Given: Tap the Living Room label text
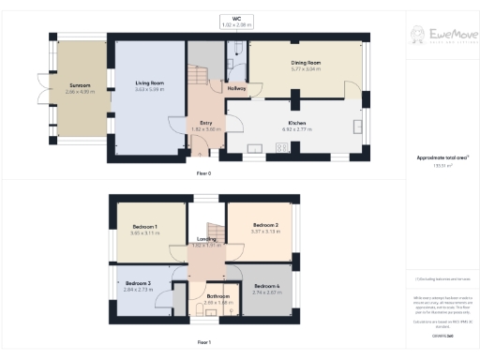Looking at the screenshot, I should (x=149, y=83).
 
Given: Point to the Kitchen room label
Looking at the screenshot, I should (x=297, y=123).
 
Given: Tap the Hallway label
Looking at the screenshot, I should (x=237, y=88).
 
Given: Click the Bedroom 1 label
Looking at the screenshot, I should (x=144, y=227).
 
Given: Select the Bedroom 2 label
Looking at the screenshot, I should (x=266, y=226).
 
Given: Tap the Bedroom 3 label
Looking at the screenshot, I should (x=138, y=283).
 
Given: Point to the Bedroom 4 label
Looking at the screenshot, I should (x=266, y=286).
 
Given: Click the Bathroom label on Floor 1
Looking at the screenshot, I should (x=217, y=296).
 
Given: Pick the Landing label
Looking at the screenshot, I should (x=206, y=239).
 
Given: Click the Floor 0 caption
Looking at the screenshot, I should (x=203, y=174).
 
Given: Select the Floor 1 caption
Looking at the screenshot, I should (x=203, y=342).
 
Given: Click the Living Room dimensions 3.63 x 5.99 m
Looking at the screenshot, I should (x=149, y=89).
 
